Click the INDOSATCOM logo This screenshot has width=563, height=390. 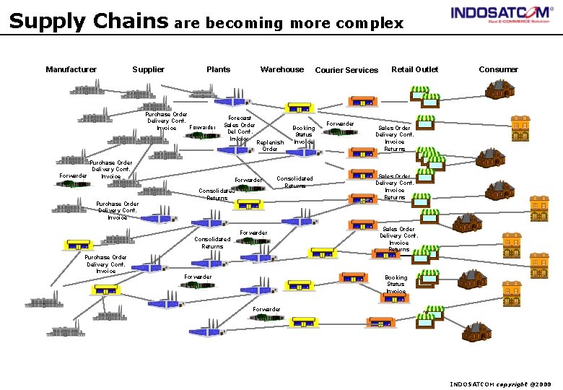pos(500,14)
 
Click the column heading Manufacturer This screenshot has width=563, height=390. pos(71,69)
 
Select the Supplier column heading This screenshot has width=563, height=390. pos(148,69)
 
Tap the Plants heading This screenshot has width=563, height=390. pos(218,69)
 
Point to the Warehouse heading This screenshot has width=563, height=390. pos(281,69)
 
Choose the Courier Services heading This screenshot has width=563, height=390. pos(346,70)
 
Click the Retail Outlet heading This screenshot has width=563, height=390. pos(414,69)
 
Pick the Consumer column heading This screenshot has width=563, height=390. pos(498,69)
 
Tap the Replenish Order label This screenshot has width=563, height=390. pos(270,146)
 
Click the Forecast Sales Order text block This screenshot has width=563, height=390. pos(240,129)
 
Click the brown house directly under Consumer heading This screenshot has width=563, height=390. pos(499,89)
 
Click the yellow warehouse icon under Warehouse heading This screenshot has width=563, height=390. pos(298,108)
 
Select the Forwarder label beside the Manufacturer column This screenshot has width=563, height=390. pos(73,175)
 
